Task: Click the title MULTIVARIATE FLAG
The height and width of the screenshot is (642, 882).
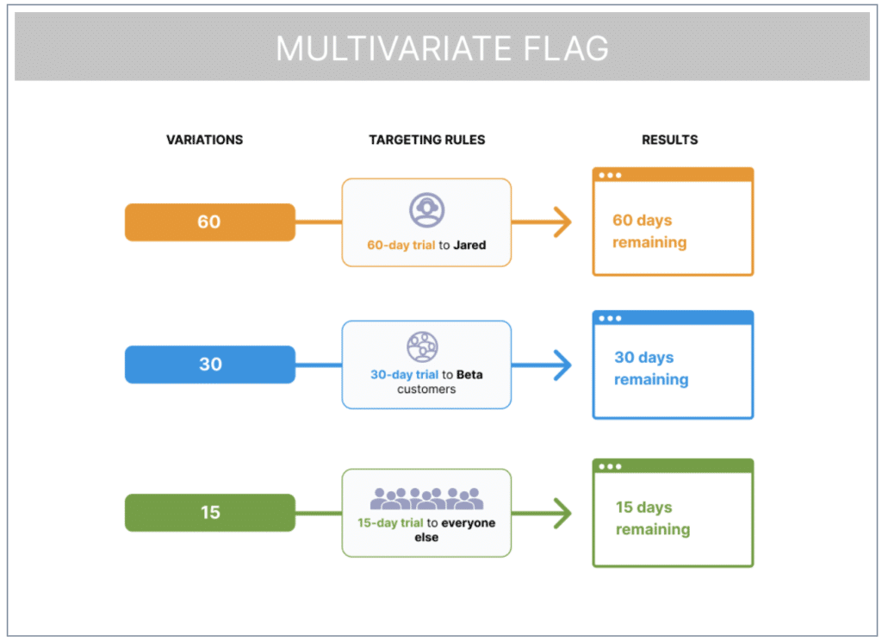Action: tap(442, 48)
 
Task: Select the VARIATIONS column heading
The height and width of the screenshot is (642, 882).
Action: tap(204, 140)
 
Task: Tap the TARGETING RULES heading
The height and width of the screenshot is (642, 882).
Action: tap(427, 140)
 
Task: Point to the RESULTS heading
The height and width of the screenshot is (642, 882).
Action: tap(669, 140)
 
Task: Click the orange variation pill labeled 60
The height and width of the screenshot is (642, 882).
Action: tap(209, 222)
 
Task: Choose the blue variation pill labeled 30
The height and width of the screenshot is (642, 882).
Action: tap(210, 365)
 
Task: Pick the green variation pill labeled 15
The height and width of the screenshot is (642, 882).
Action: tap(210, 513)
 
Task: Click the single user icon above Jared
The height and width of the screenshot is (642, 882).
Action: tap(426, 209)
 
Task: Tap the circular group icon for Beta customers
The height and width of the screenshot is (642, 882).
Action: tap(422, 346)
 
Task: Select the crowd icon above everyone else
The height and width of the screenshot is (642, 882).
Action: tap(426, 499)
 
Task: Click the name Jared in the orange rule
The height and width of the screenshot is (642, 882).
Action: tap(470, 246)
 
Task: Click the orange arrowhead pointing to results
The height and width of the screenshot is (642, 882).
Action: tap(562, 222)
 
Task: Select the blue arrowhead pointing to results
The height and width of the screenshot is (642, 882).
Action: tap(562, 365)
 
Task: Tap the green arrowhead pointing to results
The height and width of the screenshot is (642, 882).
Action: tap(562, 514)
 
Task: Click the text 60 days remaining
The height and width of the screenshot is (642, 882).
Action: tap(649, 232)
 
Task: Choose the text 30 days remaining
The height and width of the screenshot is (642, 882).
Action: tap(651, 369)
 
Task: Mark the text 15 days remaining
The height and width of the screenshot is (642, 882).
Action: tap(652, 519)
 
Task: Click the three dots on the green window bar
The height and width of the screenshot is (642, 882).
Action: tap(611, 467)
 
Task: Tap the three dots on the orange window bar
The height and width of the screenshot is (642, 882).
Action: tap(611, 176)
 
